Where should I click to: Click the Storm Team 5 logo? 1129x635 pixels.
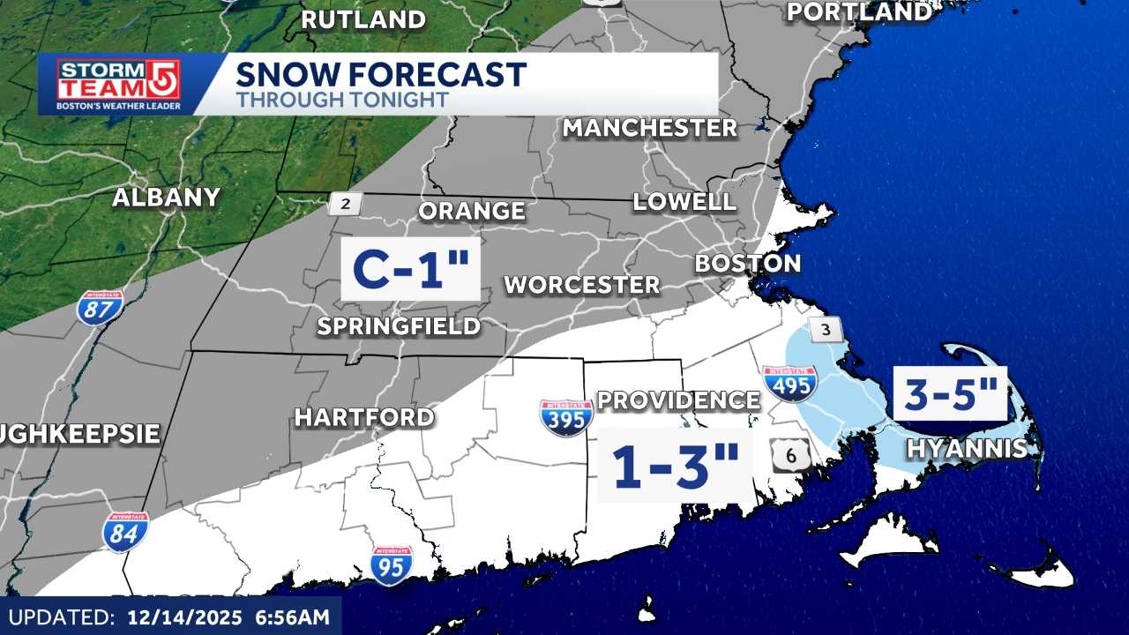coord(118,85)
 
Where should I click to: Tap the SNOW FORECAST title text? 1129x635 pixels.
coord(381,74)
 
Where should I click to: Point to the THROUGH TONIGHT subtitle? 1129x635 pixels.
coord(342,100)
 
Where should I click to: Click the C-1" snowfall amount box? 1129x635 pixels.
coord(410,269)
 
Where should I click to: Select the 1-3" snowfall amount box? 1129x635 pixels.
coord(675,466)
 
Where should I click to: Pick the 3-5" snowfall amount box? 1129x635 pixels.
coord(950,393)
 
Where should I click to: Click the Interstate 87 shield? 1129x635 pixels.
coord(99,308)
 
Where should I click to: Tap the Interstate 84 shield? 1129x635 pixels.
coord(125,532)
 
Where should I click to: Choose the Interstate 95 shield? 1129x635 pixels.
coord(391,565)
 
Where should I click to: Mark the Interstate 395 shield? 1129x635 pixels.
coord(566,417)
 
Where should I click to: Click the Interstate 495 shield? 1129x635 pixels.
coord(789,384)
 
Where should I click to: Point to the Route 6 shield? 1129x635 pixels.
coord(789,455)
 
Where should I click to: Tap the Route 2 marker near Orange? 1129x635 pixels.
coord(345,205)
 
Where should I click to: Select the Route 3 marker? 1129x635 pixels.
coord(826,330)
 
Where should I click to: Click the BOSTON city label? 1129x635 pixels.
coord(748,263)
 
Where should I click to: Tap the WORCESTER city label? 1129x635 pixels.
coord(581,285)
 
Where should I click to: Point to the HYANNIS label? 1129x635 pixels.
coord(968,449)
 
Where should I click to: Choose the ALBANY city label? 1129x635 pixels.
coord(166,198)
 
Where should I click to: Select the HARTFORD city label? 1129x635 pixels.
coord(364,417)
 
